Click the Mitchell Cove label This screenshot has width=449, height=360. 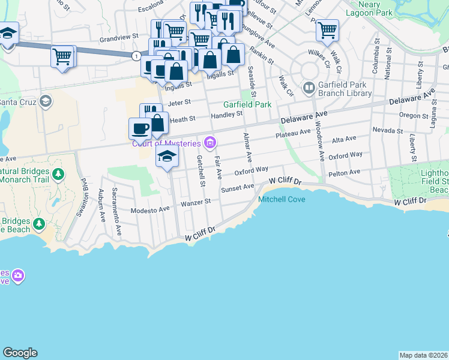click(282, 199)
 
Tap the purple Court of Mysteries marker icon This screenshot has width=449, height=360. click(211, 142)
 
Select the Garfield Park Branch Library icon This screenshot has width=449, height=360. click(309, 88)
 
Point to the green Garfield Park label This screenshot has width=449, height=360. click(247, 104)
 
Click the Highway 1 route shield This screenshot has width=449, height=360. click(137, 56)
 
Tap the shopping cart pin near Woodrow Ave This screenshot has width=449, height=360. click(327, 30)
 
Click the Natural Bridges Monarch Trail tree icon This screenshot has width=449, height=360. click(58, 175)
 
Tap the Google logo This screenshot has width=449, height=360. click(20, 353)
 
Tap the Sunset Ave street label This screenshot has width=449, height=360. click(238, 188)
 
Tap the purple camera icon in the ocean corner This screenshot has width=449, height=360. click(18, 275)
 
